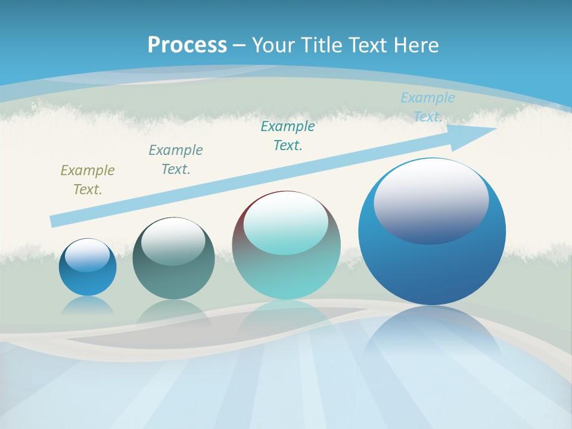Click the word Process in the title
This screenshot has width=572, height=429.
tap(187, 45)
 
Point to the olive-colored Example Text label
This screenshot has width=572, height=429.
tap(88, 180)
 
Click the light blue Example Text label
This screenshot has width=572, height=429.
tap(427, 107)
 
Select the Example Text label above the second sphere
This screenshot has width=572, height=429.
tap(176, 160)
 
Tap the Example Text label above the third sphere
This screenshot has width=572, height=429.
tap(288, 136)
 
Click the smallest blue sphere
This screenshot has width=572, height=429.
tap(88, 280)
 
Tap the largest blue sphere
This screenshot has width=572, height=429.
tap(432, 268)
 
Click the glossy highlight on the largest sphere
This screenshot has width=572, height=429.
tap(431, 201)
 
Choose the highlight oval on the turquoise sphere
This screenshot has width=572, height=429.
tap(285, 223)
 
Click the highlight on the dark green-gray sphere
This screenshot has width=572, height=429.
tap(173, 242)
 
